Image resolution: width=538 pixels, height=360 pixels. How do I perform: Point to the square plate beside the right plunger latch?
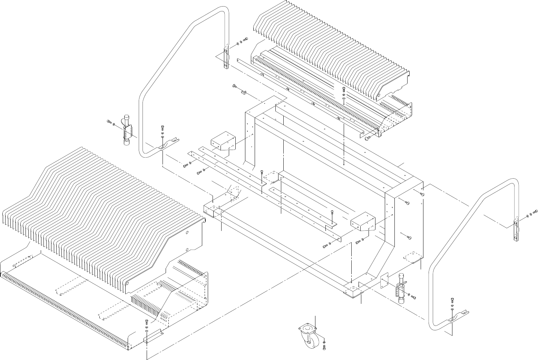[384, 282]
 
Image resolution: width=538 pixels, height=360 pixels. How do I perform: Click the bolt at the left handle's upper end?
[245, 39]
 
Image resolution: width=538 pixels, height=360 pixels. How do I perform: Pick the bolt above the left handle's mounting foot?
[163, 128]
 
